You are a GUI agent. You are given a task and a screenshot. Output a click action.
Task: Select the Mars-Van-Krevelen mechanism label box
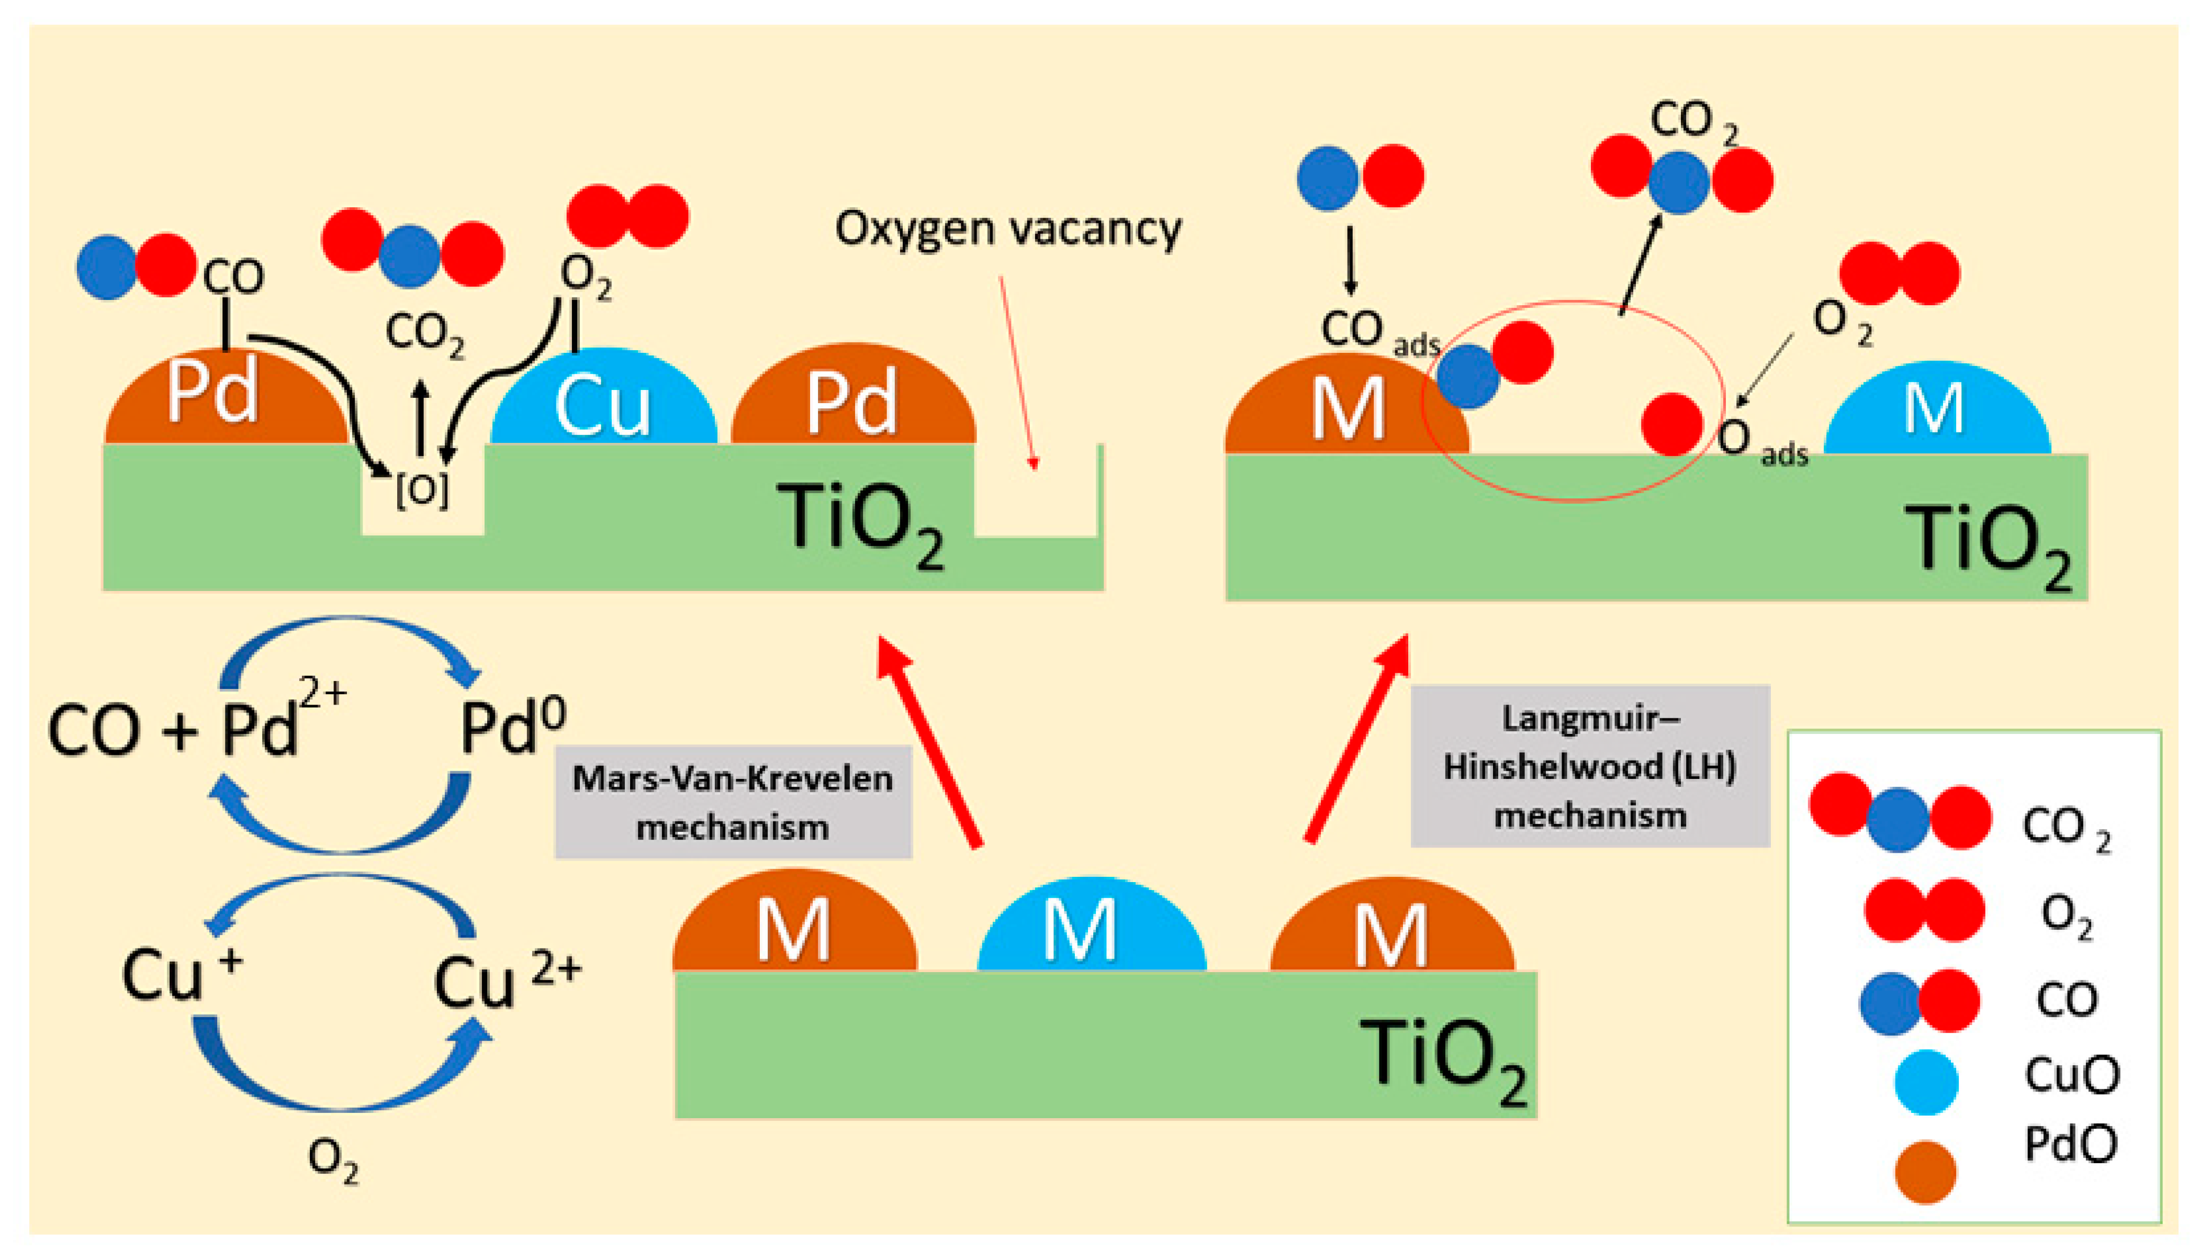tap(732, 801)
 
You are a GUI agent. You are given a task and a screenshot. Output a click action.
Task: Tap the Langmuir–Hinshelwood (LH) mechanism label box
tap(1590, 766)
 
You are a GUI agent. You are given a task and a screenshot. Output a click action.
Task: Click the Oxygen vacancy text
tap(1007, 229)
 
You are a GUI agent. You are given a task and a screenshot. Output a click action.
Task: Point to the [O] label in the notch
tap(422, 491)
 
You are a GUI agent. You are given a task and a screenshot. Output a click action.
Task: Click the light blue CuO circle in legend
tap(1925, 1082)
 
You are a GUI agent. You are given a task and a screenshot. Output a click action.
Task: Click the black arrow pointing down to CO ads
tap(1350, 260)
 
